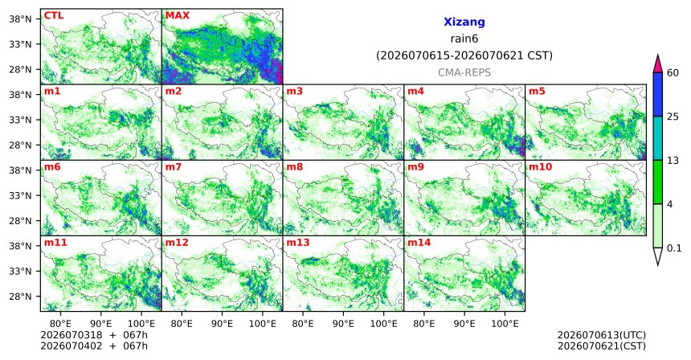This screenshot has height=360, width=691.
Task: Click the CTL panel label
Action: [x=54, y=15]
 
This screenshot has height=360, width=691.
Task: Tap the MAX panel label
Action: [x=177, y=15]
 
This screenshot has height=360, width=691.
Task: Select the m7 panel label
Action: [x=173, y=167]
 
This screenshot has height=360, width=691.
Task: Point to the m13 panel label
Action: [x=298, y=243]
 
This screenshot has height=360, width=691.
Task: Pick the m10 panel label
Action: [x=540, y=167]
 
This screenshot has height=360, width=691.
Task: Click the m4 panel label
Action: [x=415, y=92]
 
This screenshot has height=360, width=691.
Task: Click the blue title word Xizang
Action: [x=464, y=22]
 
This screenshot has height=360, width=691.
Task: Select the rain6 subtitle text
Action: [x=464, y=39]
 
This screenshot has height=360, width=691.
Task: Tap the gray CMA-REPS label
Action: [x=464, y=72]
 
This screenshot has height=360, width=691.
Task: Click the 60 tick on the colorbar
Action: [x=673, y=72]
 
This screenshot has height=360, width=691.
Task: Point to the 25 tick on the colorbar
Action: [x=673, y=117]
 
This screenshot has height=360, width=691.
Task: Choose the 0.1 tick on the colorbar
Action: [x=674, y=248]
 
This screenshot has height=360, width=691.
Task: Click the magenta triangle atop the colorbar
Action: [x=658, y=64]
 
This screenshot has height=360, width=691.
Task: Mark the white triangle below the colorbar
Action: [x=658, y=255]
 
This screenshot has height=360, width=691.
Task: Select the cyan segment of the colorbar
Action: [x=658, y=138]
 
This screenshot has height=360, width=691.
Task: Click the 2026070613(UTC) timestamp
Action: [x=602, y=336]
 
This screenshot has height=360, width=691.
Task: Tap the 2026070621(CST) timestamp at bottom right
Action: [x=602, y=346]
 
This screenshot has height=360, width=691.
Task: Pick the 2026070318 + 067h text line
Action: [x=94, y=335]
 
